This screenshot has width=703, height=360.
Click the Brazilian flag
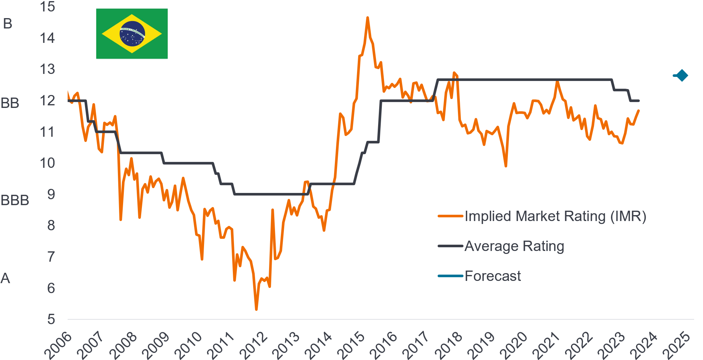132,34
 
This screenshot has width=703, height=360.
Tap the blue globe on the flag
132,34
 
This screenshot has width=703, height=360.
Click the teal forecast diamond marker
682,76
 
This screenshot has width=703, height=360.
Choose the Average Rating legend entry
514,246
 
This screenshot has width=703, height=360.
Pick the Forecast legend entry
492,276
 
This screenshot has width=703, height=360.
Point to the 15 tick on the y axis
47,7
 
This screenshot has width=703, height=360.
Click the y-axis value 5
51,319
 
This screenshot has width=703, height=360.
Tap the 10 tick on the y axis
47,163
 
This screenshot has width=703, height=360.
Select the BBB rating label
15,200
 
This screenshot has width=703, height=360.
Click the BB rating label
10,103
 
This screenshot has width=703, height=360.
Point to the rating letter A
5,278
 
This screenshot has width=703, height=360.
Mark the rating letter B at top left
7,24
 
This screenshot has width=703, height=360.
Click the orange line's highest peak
367,17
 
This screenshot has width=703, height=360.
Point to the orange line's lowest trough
256,309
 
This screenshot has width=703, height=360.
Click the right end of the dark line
639,101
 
